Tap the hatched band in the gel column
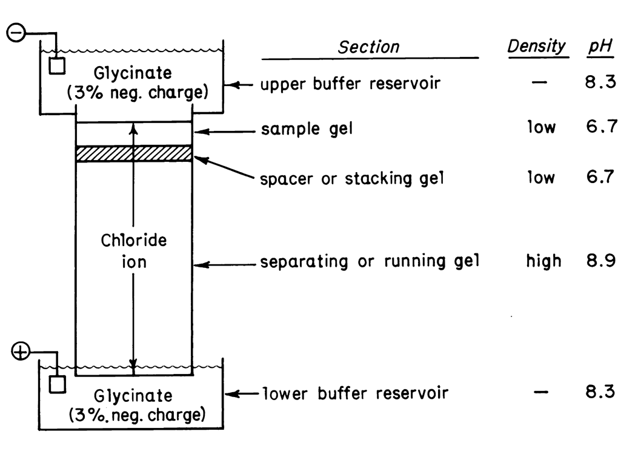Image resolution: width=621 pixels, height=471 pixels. [133, 153]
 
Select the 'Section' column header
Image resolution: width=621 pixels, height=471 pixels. [369, 47]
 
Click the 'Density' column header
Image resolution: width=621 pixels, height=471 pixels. [537, 46]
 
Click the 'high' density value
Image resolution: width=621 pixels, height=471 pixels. [543, 261]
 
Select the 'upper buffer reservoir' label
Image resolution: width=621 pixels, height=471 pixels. [350, 84]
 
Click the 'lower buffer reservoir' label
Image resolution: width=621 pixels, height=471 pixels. [355, 393]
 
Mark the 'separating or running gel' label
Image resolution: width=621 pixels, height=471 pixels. [370, 262]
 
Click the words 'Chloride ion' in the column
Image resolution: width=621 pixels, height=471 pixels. [133, 252]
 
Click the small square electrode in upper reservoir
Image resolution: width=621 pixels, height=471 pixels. [57, 65]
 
